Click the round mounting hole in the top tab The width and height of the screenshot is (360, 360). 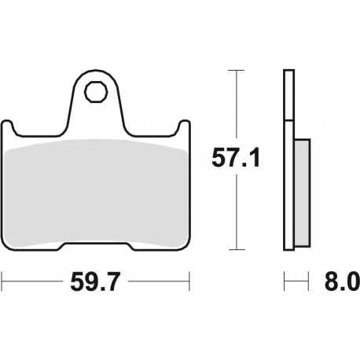(97, 92)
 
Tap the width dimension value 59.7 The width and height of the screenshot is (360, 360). (96, 279)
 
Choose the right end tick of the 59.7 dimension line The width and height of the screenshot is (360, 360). (189, 279)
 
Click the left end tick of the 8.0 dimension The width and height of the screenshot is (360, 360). (284, 279)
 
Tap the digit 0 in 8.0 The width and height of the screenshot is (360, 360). (351, 279)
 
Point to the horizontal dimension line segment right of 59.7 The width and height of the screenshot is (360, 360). (157, 279)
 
